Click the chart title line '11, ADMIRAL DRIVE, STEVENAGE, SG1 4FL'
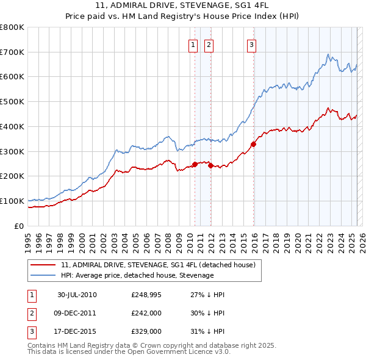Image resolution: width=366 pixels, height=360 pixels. (x=182, y=5)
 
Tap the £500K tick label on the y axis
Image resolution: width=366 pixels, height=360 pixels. (x=12, y=102)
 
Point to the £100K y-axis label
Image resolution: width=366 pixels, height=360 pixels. (x=12, y=201)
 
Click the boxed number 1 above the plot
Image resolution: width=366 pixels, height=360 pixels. (x=193, y=44)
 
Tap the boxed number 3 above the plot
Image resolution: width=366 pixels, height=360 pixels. (x=251, y=44)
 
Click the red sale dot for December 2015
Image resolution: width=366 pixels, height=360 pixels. (x=253, y=145)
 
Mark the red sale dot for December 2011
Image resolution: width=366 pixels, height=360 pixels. (x=210, y=165)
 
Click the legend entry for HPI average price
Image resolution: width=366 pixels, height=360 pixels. (x=137, y=275)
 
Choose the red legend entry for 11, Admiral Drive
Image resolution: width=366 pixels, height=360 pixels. (x=161, y=265)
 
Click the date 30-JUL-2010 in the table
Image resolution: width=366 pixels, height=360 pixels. (x=77, y=295)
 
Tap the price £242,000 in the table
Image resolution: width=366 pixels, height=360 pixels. (x=146, y=313)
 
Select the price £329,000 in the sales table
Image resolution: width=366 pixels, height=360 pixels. (x=146, y=331)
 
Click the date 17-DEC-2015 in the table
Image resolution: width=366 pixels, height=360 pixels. (x=77, y=331)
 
